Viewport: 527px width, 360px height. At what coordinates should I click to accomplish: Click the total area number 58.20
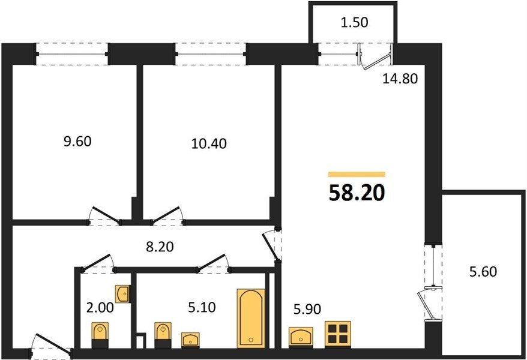pyautogui.click(x=357, y=193)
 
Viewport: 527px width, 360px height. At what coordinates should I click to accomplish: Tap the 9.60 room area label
pyautogui.click(x=77, y=142)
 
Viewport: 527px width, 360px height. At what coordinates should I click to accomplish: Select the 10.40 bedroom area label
pyautogui.click(x=209, y=143)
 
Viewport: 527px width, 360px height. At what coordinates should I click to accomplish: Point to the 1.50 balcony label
pyautogui.click(x=354, y=22)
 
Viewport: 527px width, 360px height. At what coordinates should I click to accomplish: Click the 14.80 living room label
pyautogui.click(x=400, y=79)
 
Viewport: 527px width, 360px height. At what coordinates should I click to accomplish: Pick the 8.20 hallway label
pyautogui.click(x=160, y=247)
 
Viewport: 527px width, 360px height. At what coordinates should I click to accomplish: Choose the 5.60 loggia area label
pyautogui.click(x=483, y=271)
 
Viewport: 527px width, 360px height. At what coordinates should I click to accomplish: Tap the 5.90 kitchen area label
pyautogui.click(x=307, y=309)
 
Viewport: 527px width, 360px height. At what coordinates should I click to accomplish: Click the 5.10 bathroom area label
pyautogui.click(x=202, y=307)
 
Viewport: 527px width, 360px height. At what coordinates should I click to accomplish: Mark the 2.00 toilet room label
pyautogui.click(x=100, y=307)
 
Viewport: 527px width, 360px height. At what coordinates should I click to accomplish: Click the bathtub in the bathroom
pyautogui.click(x=251, y=318)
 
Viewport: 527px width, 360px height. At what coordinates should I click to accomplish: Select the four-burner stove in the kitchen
pyautogui.click(x=338, y=334)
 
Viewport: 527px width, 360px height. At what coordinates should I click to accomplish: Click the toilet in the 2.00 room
pyautogui.click(x=100, y=335)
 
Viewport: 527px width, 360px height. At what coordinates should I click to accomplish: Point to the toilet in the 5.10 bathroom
pyautogui.click(x=163, y=335)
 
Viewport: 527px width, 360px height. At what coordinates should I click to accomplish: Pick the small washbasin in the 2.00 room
pyautogui.click(x=122, y=294)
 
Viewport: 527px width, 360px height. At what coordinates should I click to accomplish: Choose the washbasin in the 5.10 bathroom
pyautogui.click(x=190, y=340)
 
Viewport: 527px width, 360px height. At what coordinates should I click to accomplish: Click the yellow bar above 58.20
pyautogui.click(x=357, y=174)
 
